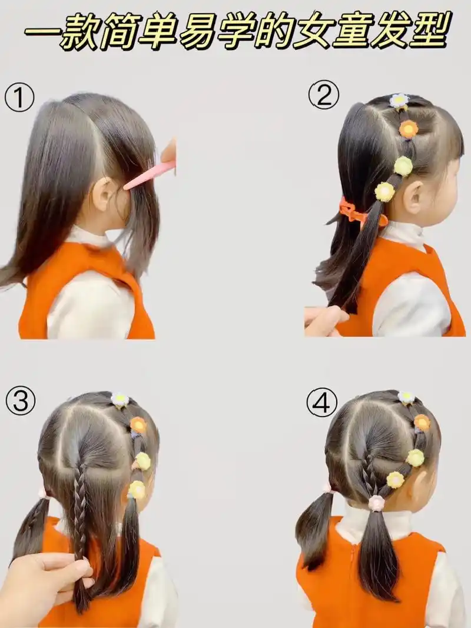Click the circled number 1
click(x=19, y=97)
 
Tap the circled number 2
click(x=324, y=95)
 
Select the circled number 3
click(x=21, y=402)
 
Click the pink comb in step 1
click(x=150, y=175)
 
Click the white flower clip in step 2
click(x=400, y=101)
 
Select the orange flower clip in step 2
click(x=408, y=129)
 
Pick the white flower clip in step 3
click(x=120, y=400)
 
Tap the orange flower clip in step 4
click(x=422, y=423)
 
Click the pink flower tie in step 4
click(x=376, y=503)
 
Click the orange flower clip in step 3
click(x=138, y=426)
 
